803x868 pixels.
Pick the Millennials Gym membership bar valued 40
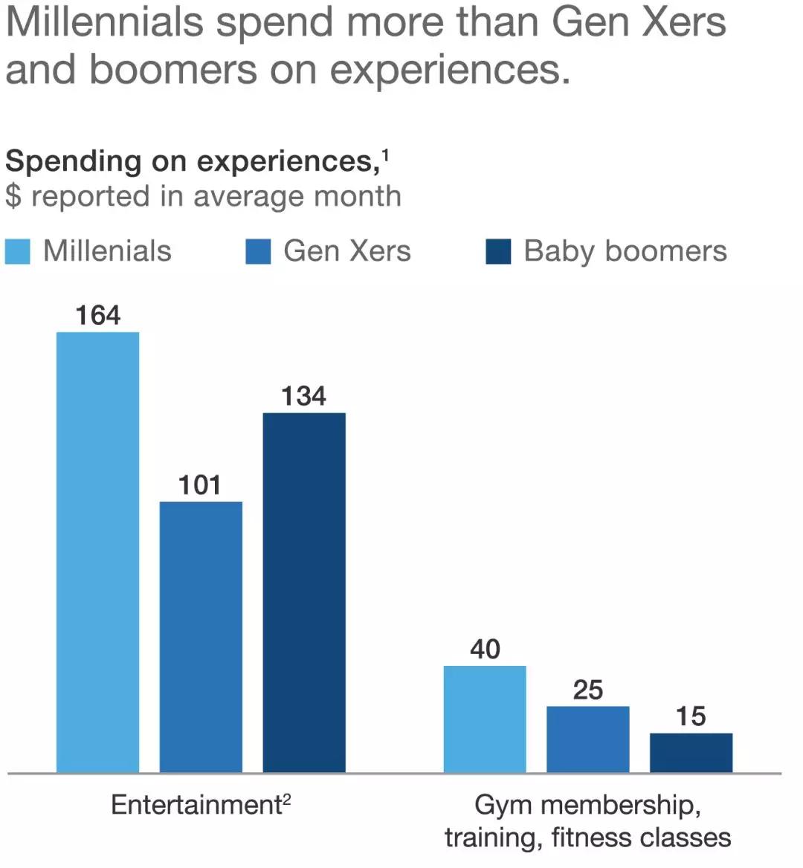coord(485,719)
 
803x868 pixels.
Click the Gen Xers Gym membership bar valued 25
coord(587,739)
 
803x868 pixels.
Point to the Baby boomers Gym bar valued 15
coord(691,752)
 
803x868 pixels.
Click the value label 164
coord(97,316)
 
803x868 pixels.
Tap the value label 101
coord(200,485)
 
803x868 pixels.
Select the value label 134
coord(303,396)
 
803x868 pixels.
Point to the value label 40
coord(485,650)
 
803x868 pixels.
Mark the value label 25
coord(587,690)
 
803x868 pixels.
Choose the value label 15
coord(691,716)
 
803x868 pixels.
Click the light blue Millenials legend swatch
coord(18,251)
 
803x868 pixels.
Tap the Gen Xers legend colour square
coord(258,251)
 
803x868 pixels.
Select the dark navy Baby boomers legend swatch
coord(498,251)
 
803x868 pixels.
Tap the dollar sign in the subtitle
coord(13,197)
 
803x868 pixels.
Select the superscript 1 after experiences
coord(385,155)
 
